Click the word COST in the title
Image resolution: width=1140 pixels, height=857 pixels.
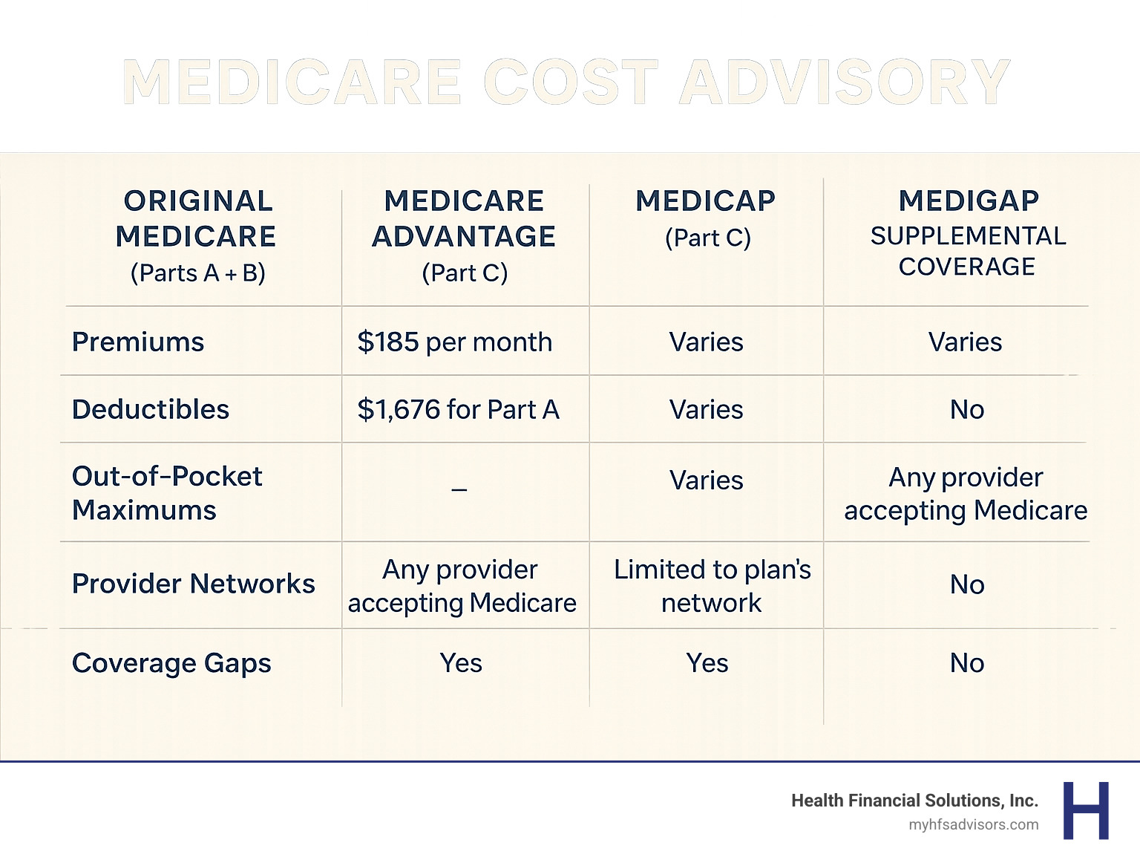point(570,82)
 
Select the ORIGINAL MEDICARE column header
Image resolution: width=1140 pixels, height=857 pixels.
point(197,219)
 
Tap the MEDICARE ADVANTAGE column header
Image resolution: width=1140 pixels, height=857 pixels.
point(464,219)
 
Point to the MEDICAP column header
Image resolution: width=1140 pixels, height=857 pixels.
point(706,201)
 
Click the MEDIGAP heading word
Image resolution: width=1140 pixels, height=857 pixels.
point(969,201)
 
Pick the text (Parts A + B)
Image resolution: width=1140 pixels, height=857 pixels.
point(198,273)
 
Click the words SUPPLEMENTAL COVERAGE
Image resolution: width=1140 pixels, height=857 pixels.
point(968,251)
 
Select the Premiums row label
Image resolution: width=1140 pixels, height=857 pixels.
point(138,342)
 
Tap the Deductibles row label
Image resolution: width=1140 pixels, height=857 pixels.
point(151,409)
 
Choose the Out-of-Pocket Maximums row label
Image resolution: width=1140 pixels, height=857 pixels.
point(167,493)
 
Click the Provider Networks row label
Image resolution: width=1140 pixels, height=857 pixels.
point(194,584)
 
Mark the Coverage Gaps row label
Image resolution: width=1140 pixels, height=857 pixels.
point(171,663)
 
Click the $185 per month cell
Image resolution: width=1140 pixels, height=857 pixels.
point(455,342)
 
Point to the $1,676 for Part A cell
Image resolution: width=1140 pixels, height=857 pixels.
point(459,409)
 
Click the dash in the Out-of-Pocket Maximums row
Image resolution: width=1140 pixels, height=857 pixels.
point(459,489)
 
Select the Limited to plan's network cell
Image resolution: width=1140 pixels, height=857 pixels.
point(712,586)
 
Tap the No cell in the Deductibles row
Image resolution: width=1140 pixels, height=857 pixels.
point(967,409)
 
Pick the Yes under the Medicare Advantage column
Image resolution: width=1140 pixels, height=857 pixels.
point(461,663)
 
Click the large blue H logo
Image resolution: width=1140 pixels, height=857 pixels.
point(1086,810)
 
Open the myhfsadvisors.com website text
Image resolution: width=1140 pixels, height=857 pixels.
point(973,824)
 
